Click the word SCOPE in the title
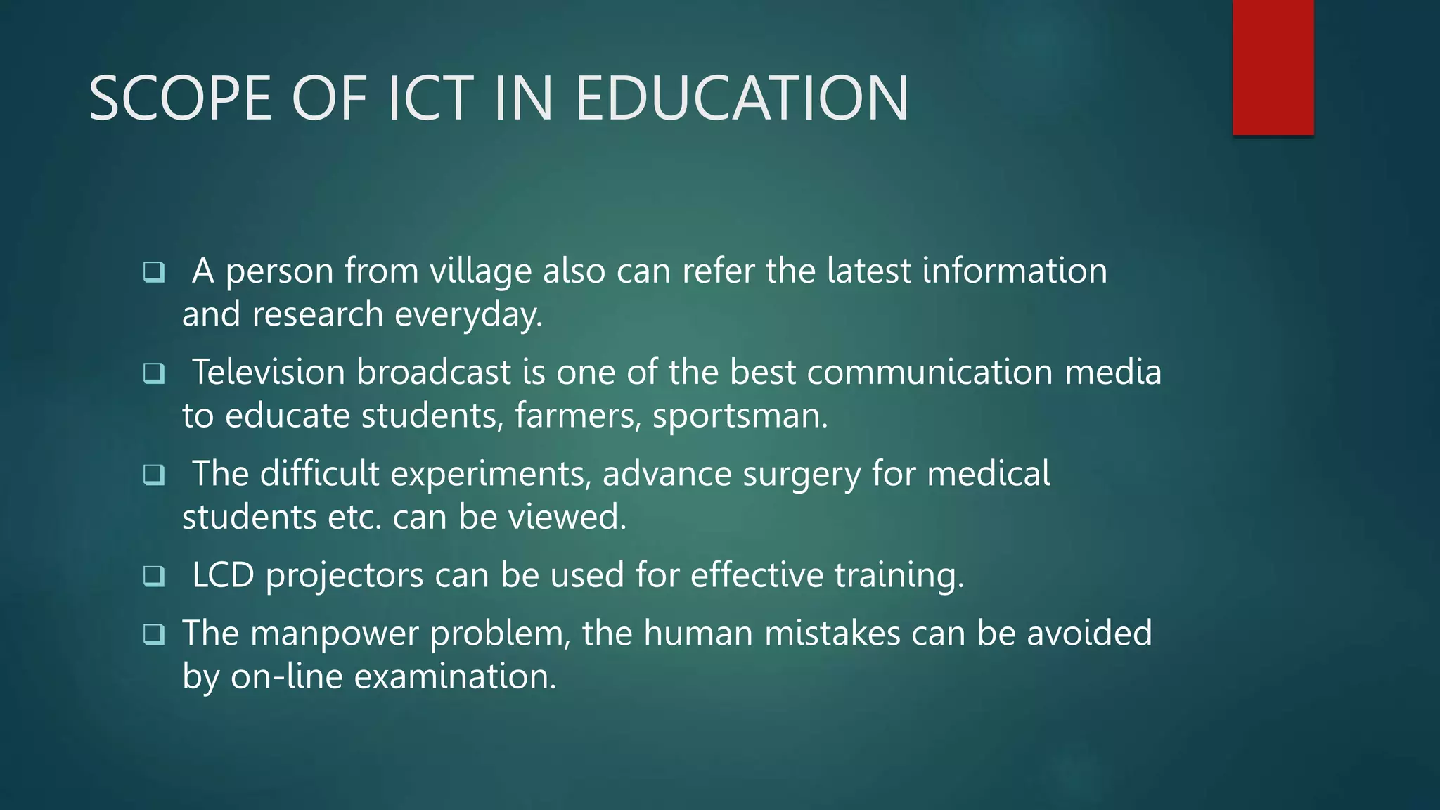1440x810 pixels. (180, 99)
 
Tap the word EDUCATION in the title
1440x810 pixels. (742, 99)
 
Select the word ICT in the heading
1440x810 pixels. (430, 99)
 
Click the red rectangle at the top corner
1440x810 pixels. (1273, 67)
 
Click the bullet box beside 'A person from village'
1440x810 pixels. (153, 271)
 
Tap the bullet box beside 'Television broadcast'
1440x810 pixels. (153, 373)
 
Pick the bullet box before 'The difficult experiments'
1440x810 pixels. (153, 475)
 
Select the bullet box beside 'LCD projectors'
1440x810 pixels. (153, 576)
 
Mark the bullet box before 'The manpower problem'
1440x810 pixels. (153, 634)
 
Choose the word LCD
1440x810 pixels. (222, 575)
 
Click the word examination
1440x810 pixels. (455, 677)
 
